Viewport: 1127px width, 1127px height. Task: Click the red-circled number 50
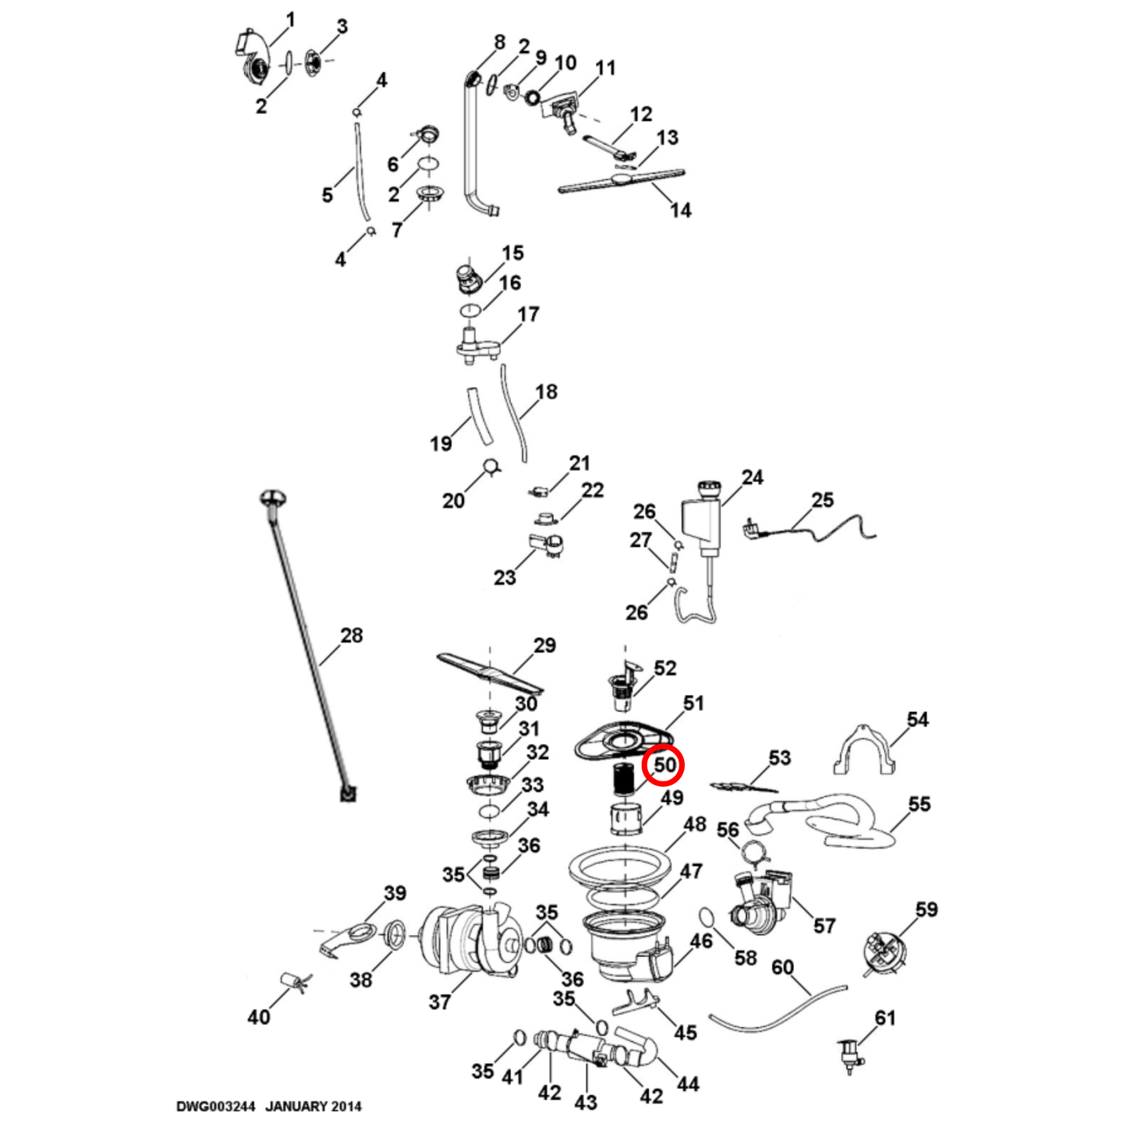[x=664, y=766]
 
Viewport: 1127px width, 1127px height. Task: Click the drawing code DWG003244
[x=215, y=1106]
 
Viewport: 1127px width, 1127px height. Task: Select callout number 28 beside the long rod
[x=352, y=636]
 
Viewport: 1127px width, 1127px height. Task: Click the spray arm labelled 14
[x=622, y=180]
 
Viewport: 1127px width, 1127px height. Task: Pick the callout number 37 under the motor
[x=440, y=1001]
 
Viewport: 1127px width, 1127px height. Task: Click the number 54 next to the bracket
[x=917, y=719]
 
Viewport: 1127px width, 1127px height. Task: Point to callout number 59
[x=927, y=909]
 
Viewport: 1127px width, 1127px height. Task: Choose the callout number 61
[x=885, y=1018]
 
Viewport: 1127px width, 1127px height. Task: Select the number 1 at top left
[x=290, y=19]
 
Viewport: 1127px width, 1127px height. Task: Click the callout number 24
[x=752, y=477]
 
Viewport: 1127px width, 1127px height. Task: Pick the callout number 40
[x=259, y=1017]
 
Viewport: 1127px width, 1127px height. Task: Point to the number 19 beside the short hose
[x=441, y=444]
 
